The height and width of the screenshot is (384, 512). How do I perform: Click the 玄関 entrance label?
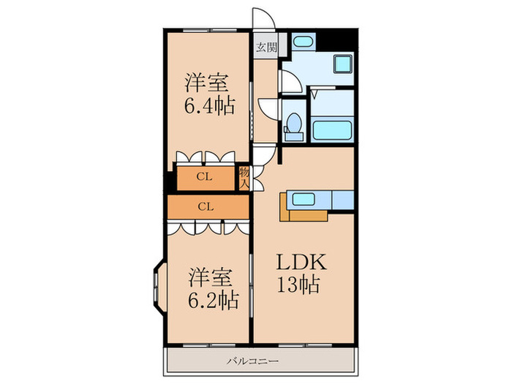pyautogui.click(x=266, y=48)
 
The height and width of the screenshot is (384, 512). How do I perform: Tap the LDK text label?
pyautogui.click(x=301, y=262)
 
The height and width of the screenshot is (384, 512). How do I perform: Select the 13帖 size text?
pyautogui.click(x=298, y=285)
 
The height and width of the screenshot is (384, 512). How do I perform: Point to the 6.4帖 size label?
pyautogui.click(x=210, y=106)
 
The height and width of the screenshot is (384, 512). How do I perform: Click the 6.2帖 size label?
pyautogui.click(x=213, y=301)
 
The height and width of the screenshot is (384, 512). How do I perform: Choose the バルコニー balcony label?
pyautogui.click(x=253, y=361)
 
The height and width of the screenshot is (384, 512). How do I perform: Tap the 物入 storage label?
pyautogui.click(x=244, y=178)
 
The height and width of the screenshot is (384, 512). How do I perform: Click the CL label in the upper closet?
pyautogui.click(x=204, y=177)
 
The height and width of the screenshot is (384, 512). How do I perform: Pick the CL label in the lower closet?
pyautogui.click(x=206, y=207)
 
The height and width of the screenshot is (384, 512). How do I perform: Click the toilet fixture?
pyautogui.click(x=293, y=127)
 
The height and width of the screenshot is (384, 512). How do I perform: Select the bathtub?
pyautogui.click(x=333, y=131)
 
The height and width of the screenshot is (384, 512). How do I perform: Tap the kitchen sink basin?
pyautogui.click(x=304, y=199)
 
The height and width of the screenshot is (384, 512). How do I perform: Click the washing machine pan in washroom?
pyautogui.click(x=342, y=64)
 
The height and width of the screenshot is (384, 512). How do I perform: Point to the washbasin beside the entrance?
pyautogui.click(x=304, y=42)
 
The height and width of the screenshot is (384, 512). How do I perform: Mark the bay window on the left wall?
pyautogui.click(x=159, y=287)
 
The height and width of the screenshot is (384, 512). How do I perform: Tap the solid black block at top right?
pyautogui.click(x=337, y=39)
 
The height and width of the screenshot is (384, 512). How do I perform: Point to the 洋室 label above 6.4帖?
pyautogui.click(x=207, y=83)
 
